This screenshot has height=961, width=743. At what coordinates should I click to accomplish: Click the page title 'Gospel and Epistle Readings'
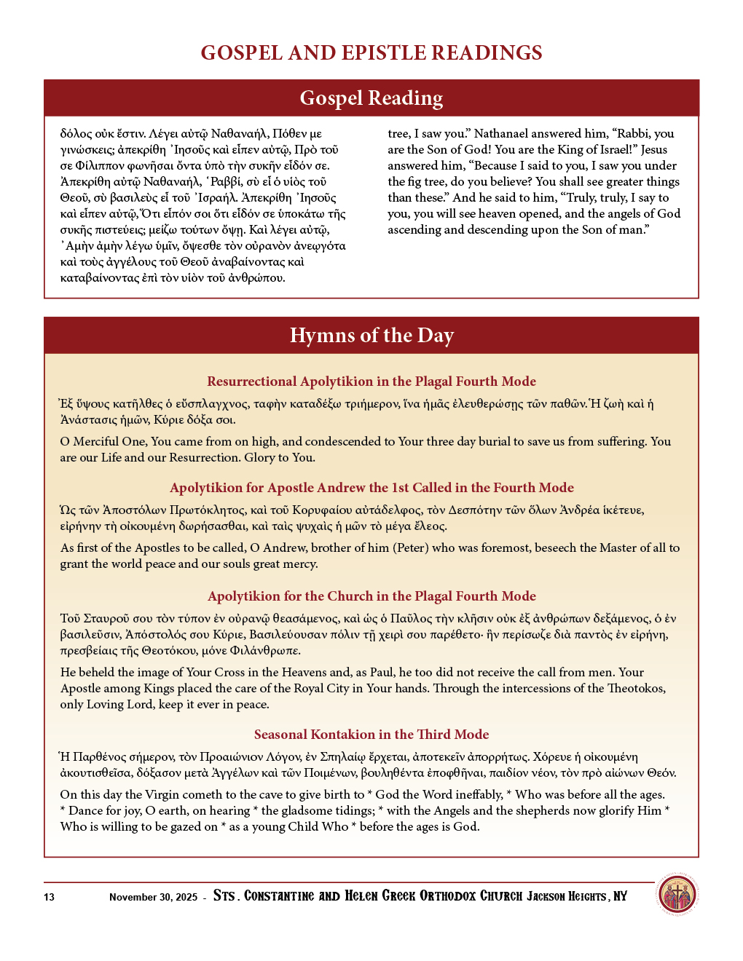[x=371, y=53]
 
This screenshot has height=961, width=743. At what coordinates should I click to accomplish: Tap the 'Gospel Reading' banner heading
[x=371, y=98]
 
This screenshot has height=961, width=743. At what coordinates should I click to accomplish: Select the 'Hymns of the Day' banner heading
[x=371, y=336]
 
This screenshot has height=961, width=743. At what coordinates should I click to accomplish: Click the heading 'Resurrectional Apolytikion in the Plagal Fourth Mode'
[x=371, y=381]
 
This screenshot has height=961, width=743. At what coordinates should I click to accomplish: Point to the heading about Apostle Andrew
[x=371, y=488]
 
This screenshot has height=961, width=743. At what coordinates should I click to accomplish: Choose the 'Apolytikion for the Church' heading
[x=371, y=596]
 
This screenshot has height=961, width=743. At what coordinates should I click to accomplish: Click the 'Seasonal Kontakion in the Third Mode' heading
[x=371, y=735]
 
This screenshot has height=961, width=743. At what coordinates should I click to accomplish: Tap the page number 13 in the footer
[x=49, y=897]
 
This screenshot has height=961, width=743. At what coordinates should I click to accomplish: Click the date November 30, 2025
[x=153, y=897]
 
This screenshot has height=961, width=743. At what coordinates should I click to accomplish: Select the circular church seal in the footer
[x=677, y=895]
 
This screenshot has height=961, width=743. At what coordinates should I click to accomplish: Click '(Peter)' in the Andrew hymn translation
[x=411, y=548]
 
